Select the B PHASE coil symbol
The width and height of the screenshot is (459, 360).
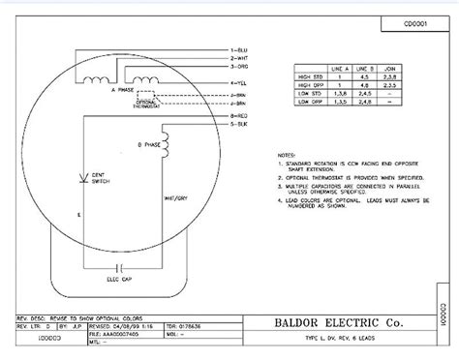click(166, 144)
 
